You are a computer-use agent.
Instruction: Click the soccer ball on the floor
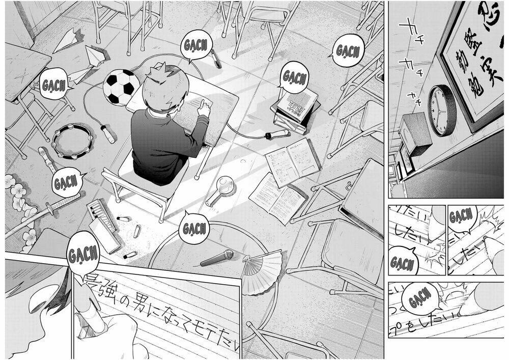(121, 88)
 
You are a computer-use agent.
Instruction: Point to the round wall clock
(442, 110)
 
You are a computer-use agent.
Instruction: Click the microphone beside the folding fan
(217, 258)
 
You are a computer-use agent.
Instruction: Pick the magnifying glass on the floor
(219, 188)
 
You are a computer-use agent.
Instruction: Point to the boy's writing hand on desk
(205, 107)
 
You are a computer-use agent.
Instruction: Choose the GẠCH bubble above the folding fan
(195, 228)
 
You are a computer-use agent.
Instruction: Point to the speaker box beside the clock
(415, 133)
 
